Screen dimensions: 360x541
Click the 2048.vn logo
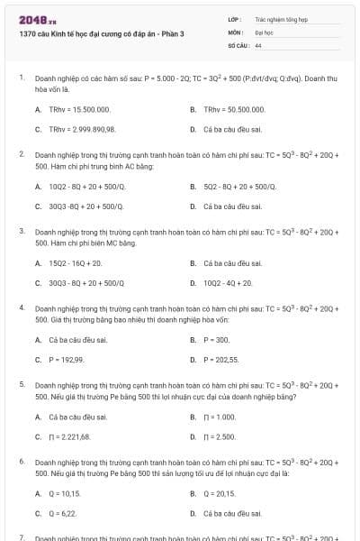pos(31,19)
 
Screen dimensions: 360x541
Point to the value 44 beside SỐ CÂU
pos(258,43)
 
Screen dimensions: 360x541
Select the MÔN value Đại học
pos(264,31)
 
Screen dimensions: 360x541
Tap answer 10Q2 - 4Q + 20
pos(228,283)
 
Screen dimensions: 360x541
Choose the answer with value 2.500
pos(220,436)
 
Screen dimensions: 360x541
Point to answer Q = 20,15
pos(220,493)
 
